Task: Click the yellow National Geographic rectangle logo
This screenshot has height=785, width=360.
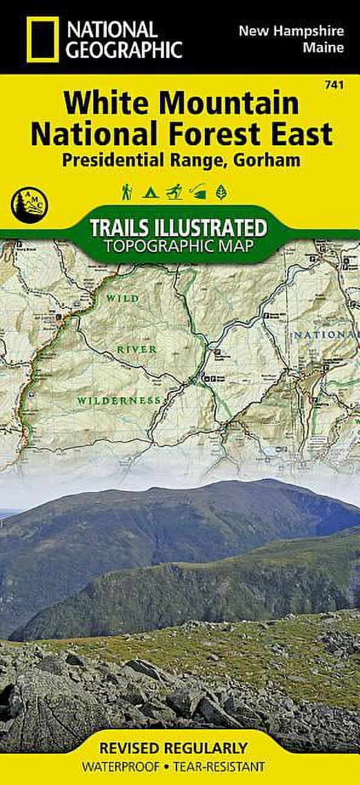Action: coord(42,37)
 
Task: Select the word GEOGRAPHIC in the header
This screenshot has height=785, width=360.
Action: coord(124,49)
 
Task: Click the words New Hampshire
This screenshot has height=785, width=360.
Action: coord(292,30)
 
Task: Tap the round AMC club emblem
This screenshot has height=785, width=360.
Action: coord(29,204)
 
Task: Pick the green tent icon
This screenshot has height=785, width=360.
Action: coord(150,193)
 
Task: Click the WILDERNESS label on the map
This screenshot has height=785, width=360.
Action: coord(119,400)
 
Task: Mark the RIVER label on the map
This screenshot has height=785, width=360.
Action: coord(138,349)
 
